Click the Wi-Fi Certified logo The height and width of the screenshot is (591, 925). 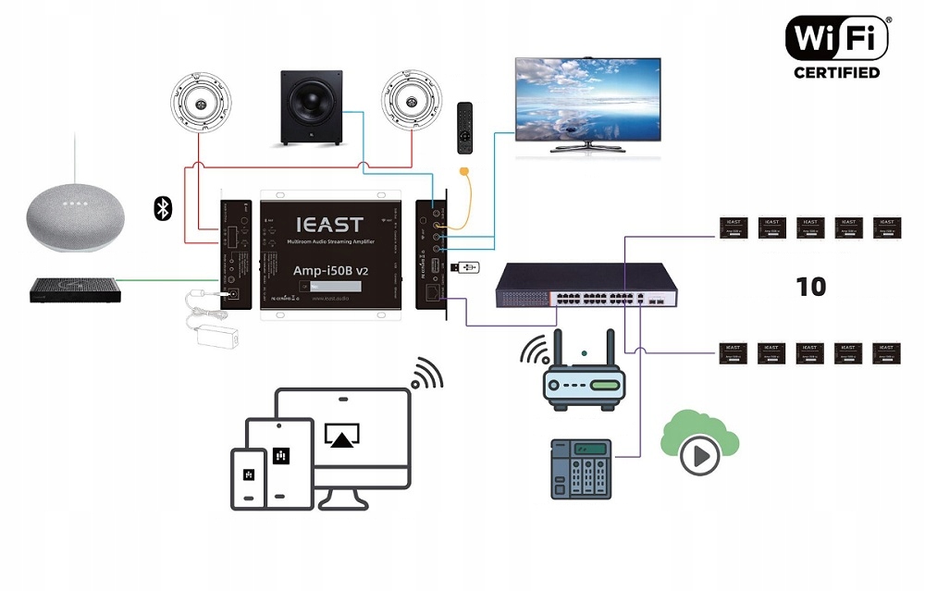pyautogui.click(x=837, y=46)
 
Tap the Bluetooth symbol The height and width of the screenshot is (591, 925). pyautogui.click(x=163, y=208)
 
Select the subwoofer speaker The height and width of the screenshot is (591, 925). pyautogui.click(x=314, y=108)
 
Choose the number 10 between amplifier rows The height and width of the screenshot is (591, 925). pyautogui.click(x=810, y=287)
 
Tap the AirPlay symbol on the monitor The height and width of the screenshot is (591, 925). pyautogui.click(x=341, y=435)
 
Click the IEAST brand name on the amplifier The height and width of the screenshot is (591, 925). pyautogui.click(x=329, y=224)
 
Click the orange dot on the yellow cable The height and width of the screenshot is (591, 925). pyautogui.click(x=464, y=171)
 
